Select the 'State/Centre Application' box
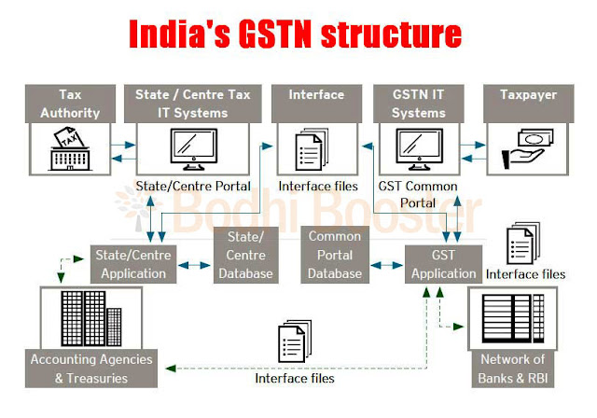pos(130,263)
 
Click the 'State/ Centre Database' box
pos(246,254)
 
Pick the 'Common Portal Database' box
pos(335,254)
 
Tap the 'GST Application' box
pos(444,263)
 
